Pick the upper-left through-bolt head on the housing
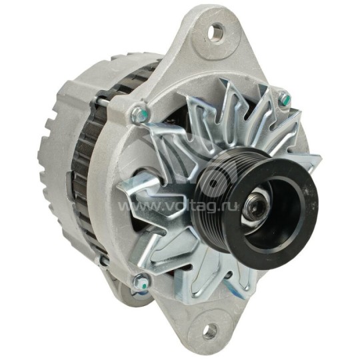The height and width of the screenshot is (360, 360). tap(137, 115)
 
